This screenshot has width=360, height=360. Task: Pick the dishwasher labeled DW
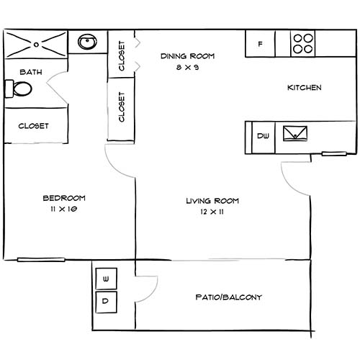[x=263, y=135]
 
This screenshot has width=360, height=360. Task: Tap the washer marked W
[x=106, y=278]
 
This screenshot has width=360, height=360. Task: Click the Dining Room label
[x=188, y=56]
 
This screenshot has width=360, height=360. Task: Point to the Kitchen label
[x=304, y=88]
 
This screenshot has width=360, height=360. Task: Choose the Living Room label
[x=212, y=201]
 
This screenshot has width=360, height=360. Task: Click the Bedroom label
[x=64, y=198]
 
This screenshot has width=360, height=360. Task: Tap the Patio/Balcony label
[x=228, y=297]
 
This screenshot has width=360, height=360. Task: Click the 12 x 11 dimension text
[x=212, y=212]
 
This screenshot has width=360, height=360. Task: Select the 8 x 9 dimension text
[x=188, y=67]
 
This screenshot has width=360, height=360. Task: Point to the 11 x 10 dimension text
[x=64, y=209]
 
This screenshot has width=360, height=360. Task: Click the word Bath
[x=31, y=72]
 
